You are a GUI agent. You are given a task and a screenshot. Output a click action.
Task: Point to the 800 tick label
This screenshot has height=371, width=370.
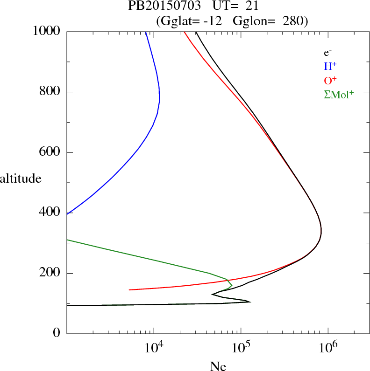tap(50, 92)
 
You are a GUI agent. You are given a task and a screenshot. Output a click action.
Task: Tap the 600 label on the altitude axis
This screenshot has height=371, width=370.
tap(50, 152)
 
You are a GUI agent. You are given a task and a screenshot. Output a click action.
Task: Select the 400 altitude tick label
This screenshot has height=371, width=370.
tap(50, 213)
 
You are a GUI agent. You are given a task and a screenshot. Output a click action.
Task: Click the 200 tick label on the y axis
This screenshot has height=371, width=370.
tap(50, 273)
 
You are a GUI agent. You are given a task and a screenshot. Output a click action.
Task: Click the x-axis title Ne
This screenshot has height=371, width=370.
tap(218, 366)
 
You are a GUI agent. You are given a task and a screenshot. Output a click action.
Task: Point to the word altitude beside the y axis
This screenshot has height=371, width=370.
tap(21, 178)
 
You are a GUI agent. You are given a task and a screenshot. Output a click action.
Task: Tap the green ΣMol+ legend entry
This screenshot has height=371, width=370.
tap(339, 94)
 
